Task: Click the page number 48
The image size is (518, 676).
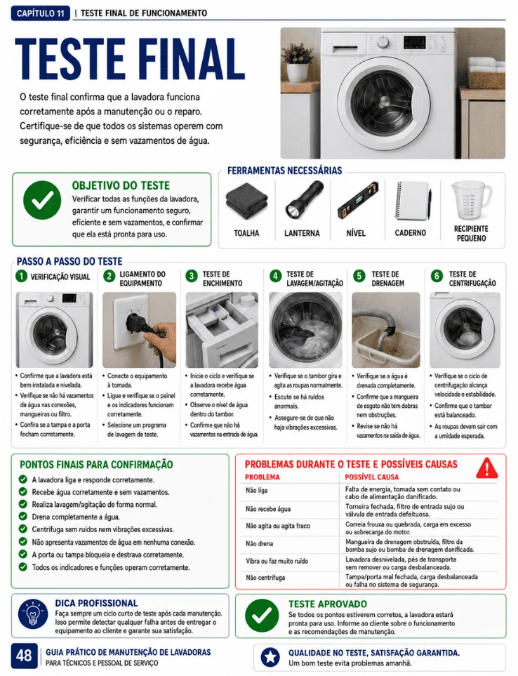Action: click(24, 656)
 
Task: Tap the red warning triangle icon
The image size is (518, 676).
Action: click(487, 468)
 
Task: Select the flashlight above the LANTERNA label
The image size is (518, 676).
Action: click(305, 200)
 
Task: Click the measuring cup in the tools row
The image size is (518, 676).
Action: click(471, 201)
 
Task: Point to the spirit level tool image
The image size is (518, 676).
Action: click(358, 201)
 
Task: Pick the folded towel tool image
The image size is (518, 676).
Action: click(246, 202)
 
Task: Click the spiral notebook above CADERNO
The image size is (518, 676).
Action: click(413, 201)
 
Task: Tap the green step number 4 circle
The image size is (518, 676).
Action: click(275, 276)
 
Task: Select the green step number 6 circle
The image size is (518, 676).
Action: click(437, 276)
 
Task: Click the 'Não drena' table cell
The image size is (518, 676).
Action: click(260, 543)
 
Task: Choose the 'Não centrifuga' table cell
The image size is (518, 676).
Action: click(265, 578)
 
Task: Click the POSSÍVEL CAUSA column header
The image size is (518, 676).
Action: click(372, 477)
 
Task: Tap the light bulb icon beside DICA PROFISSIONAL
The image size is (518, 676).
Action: click(33, 614)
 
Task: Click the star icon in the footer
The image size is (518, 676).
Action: click(271, 657)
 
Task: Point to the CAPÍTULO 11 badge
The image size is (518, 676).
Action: click(40, 13)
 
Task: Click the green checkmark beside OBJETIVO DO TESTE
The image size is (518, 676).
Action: click(42, 200)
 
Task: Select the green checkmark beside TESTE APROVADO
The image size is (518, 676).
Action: click(262, 615)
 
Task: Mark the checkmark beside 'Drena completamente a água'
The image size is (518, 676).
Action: click(23, 517)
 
